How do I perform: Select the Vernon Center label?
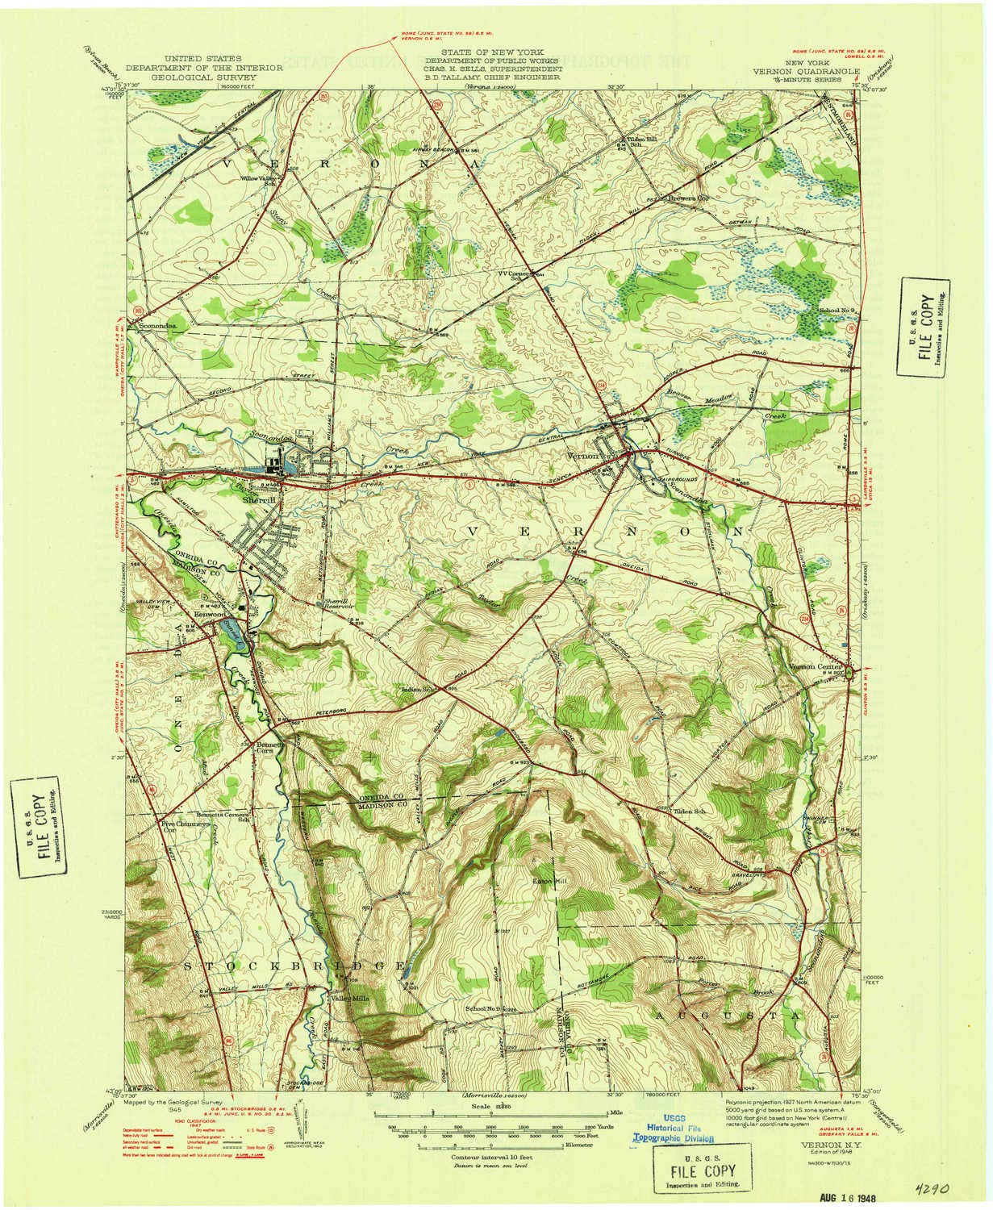click(815, 667)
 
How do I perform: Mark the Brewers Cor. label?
click(686, 197)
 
